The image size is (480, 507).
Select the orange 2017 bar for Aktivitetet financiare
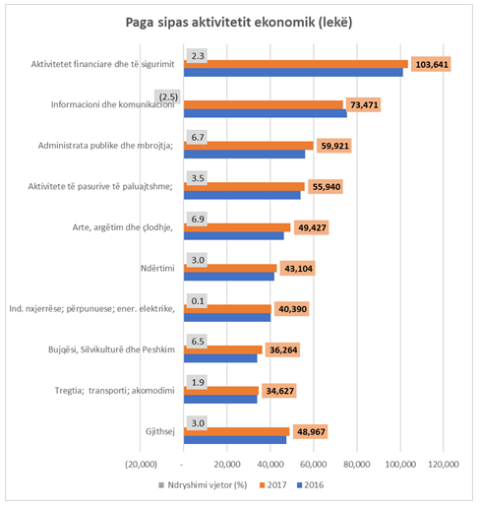click(296, 64)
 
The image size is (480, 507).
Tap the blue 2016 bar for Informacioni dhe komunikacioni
click(266, 113)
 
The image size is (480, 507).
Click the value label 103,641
click(431, 64)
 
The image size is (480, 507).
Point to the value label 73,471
click(364, 105)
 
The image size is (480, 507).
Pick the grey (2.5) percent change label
click(167, 96)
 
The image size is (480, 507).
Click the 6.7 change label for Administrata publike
click(197, 137)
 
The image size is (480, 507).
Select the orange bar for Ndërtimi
click(230, 268)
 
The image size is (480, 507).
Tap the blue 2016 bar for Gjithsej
click(235, 440)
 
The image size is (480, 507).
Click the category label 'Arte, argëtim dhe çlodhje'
click(122, 227)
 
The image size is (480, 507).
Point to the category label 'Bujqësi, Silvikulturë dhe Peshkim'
click(111, 349)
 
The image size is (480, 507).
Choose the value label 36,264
click(283, 350)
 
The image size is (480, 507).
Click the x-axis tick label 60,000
click(314, 465)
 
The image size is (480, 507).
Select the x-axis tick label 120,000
click(444, 465)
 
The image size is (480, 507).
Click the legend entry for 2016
click(310, 485)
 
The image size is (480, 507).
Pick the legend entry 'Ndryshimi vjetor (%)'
click(203, 485)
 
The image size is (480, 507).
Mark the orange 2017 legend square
click(262, 485)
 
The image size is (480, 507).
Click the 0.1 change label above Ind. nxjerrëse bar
click(197, 300)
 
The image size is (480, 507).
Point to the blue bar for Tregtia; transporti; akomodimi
click(220, 399)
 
